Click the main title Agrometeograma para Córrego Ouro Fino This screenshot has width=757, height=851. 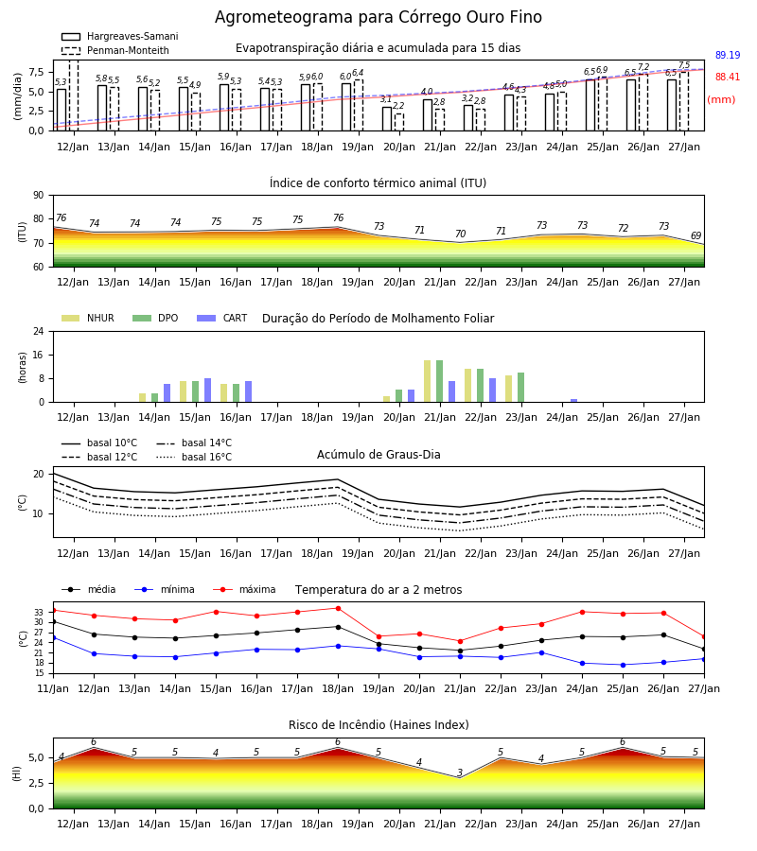pyautogui.click(x=378, y=17)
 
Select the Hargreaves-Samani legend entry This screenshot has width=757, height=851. pyautogui.click(x=119, y=36)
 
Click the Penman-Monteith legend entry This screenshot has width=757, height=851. pyautogui.click(x=115, y=50)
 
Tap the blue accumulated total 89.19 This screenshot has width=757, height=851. pyautogui.click(x=728, y=55)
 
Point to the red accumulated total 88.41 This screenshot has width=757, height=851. pyautogui.click(x=728, y=78)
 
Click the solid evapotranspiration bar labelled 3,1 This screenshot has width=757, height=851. pyautogui.click(x=387, y=118)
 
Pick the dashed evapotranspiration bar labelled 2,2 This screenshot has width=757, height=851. pyautogui.click(x=399, y=122)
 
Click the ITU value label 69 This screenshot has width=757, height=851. pyautogui.click(x=696, y=235)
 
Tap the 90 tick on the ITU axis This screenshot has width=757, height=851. pyautogui.click(x=39, y=196)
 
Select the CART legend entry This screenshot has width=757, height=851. pyautogui.click(x=221, y=318)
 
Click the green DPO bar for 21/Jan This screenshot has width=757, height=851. pyautogui.click(x=439, y=381)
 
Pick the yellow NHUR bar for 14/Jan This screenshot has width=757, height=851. pyautogui.click(x=142, y=398)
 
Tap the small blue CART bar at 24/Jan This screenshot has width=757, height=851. pyautogui.click(x=574, y=401)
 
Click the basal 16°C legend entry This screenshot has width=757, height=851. pyautogui.click(x=194, y=457)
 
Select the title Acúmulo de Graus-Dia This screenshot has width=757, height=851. pyautogui.click(x=378, y=455)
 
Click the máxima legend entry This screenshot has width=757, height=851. pyautogui.click(x=245, y=589)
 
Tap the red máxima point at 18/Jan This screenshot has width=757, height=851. pyautogui.click(x=339, y=608)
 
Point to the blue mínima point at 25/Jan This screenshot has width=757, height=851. pyautogui.click(x=623, y=665)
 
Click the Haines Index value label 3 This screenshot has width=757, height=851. pyautogui.click(x=460, y=773)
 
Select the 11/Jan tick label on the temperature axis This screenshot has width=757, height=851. pyautogui.click(x=53, y=688)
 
